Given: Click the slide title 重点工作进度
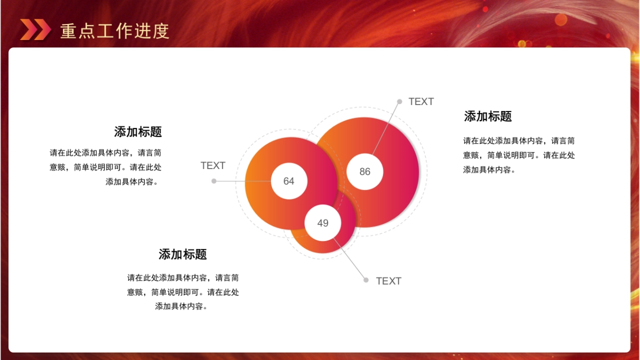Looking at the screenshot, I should pyautogui.click(x=115, y=31).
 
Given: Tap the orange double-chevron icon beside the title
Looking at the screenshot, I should pyautogui.click(x=35, y=30).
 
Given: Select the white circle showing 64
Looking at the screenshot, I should pyautogui.click(x=289, y=181).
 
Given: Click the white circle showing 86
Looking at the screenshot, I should pyautogui.click(x=365, y=172).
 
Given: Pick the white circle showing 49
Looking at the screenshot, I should pyautogui.click(x=323, y=223).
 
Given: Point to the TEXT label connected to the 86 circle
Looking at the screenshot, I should pyautogui.click(x=421, y=102).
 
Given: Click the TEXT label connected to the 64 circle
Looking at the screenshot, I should pyautogui.click(x=213, y=166).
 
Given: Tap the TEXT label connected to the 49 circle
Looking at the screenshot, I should pyautogui.click(x=388, y=281).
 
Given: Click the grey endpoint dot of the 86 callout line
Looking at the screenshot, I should pyautogui.click(x=399, y=101).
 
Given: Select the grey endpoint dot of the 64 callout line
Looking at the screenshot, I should pyautogui.click(x=214, y=181).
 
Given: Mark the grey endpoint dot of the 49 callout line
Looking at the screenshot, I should pyautogui.click(x=366, y=280).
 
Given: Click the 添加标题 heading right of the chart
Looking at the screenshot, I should pyautogui.click(x=487, y=116).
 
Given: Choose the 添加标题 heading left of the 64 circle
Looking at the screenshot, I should pyautogui.click(x=138, y=132).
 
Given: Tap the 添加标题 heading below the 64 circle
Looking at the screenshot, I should pyautogui.click(x=182, y=254).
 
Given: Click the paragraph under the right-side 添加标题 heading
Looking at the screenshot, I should pyautogui.click(x=519, y=155).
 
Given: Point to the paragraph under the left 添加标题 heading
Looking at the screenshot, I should pyautogui.click(x=106, y=167).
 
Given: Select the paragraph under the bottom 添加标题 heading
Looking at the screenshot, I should pyautogui.click(x=183, y=292).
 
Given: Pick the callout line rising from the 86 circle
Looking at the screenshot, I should pyautogui.click(x=386, y=129).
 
